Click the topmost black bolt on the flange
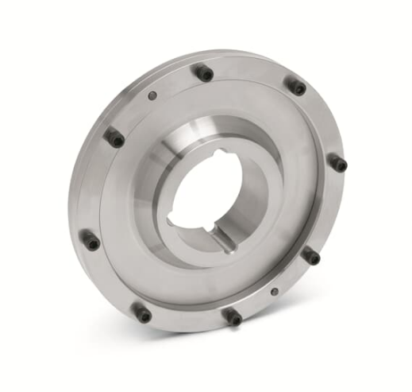tap(204, 73)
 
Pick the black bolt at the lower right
tap(310, 256)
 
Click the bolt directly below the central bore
tap(233, 316)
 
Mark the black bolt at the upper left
tap(115, 138)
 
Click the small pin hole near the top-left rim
tap(152, 96)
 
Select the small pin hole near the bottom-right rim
tap(274, 291)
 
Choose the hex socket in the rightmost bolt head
tap(340, 165)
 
